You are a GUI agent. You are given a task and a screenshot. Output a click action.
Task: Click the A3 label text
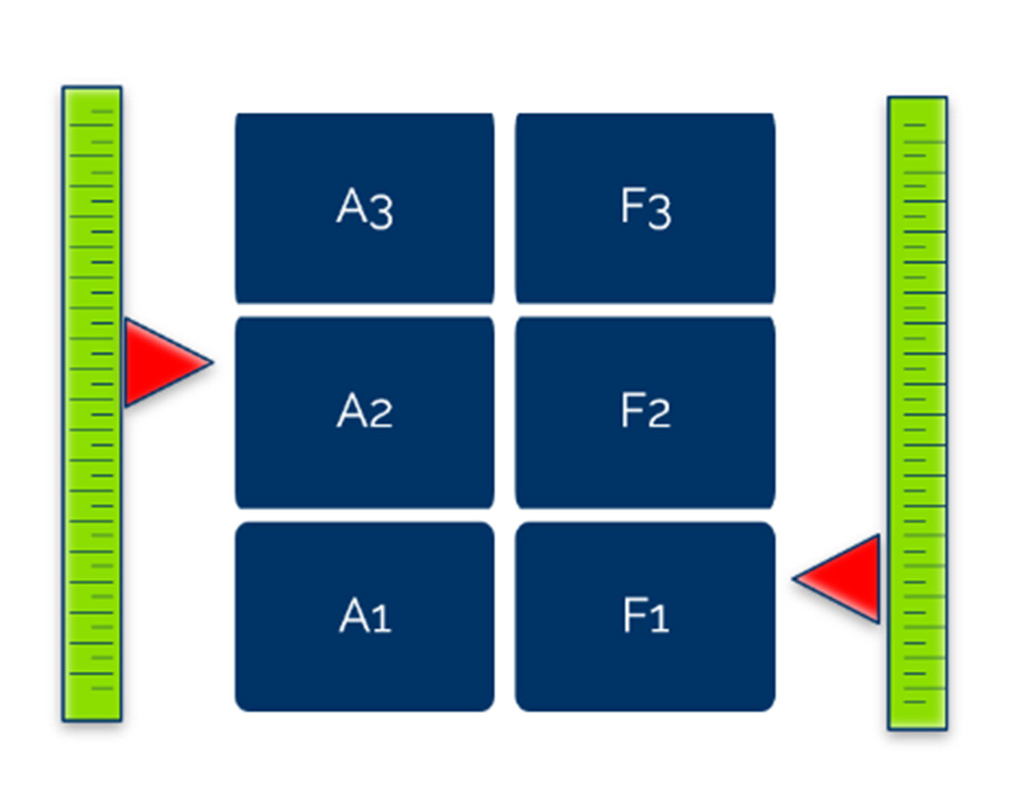click(x=365, y=207)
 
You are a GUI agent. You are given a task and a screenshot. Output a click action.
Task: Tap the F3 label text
click(x=645, y=207)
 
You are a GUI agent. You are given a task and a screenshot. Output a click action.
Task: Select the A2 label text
click(x=365, y=411)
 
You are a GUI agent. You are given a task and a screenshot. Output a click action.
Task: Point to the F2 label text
click(x=645, y=411)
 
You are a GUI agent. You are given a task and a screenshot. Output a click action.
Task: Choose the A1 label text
click(x=365, y=615)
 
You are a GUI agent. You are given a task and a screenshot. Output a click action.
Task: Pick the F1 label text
click(x=645, y=615)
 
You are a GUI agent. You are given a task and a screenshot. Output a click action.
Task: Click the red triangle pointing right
click(x=160, y=362)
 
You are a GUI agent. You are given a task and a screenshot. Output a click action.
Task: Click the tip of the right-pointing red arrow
click(x=211, y=362)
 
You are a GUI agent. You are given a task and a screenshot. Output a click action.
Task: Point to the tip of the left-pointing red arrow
click(x=795, y=579)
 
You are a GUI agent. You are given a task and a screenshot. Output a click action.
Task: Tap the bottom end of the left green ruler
click(x=92, y=718)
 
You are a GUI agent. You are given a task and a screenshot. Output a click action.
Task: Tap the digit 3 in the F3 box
click(x=660, y=211)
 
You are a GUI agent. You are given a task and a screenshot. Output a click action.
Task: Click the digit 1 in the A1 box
click(x=381, y=618)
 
